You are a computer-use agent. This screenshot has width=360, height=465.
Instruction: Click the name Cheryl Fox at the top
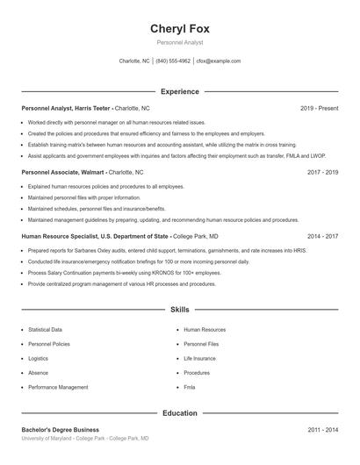tap(180, 28)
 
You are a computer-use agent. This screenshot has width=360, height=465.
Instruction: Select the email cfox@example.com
tap(219, 61)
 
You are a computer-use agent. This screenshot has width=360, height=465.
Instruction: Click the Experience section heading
tap(180, 91)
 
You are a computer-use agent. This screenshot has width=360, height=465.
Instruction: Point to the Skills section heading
tap(180, 310)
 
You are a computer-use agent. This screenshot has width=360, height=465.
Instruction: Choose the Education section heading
tap(180, 412)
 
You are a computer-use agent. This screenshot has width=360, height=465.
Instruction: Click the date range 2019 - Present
tap(319, 108)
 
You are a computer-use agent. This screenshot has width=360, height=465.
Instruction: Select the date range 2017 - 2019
tap(323, 173)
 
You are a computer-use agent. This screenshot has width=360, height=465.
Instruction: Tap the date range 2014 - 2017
tap(323, 236)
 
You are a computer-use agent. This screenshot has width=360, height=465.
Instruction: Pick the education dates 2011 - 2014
tap(323, 430)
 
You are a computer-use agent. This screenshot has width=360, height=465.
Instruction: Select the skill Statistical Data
tap(45, 330)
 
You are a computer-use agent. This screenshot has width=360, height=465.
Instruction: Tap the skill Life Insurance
tap(199, 358)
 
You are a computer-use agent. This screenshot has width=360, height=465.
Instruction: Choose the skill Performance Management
tap(58, 387)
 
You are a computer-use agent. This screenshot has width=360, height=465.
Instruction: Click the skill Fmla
tap(190, 387)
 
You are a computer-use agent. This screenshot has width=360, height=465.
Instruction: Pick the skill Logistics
tap(38, 358)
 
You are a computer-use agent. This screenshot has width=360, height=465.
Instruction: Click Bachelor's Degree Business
tap(60, 430)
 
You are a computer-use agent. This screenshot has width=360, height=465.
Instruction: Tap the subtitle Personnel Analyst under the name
tap(180, 42)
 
